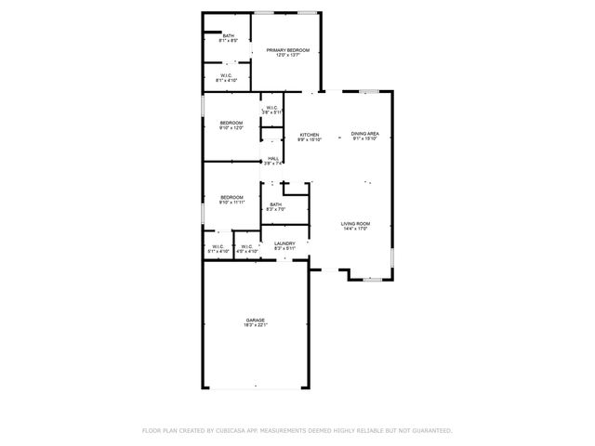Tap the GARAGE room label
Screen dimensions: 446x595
pyautogui.click(x=256, y=319)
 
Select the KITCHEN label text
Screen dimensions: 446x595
pyautogui.click(x=309, y=135)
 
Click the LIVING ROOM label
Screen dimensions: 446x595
pyautogui.click(x=355, y=223)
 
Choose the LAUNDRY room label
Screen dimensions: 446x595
pyautogui.click(x=284, y=243)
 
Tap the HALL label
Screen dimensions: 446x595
pyautogui.click(x=273, y=159)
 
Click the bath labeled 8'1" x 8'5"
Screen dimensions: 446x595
pyautogui.click(x=228, y=36)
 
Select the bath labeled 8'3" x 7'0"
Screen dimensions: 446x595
pyautogui.click(x=275, y=204)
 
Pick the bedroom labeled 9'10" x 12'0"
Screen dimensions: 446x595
pyautogui.click(x=231, y=124)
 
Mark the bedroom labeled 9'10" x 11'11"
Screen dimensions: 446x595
pyautogui.click(x=231, y=196)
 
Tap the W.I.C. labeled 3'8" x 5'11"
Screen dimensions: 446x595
pyautogui.click(x=271, y=109)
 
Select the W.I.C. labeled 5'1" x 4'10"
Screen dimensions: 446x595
pyautogui.click(x=217, y=246)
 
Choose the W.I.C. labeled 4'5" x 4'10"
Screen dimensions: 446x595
pyautogui.click(x=246, y=246)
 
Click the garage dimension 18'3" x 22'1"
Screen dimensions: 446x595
pyautogui.click(x=256, y=325)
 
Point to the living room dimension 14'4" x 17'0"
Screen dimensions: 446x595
pyautogui.click(x=355, y=229)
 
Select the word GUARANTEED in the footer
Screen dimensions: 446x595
pyautogui.click(x=431, y=430)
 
